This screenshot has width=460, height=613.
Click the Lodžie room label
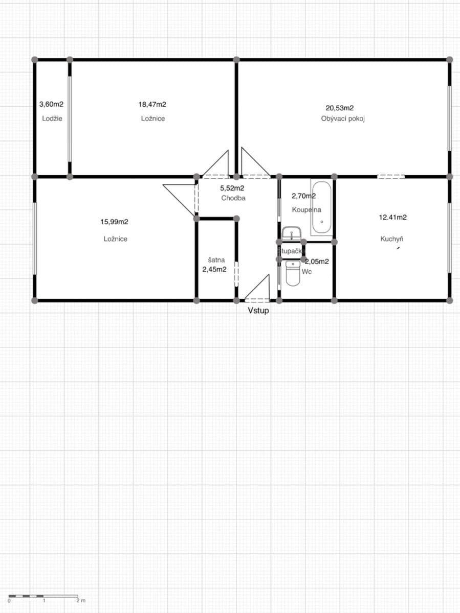[x=52, y=119]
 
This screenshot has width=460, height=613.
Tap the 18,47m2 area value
[x=152, y=104]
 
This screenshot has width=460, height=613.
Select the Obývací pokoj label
[x=342, y=119]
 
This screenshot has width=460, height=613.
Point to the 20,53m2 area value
[x=340, y=108]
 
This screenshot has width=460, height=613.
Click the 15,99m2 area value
[x=114, y=222]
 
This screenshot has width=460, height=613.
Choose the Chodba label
[x=233, y=198]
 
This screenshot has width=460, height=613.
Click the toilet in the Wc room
[x=293, y=273]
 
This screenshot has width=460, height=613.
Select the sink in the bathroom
[x=291, y=233]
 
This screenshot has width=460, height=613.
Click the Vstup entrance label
[x=258, y=310]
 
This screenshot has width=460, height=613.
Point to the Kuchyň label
[x=392, y=239]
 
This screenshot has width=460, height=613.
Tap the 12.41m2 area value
[x=392, y=217]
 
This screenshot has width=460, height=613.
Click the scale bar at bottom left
[x=43, y=596]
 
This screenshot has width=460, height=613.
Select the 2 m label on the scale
[x=81, y=601]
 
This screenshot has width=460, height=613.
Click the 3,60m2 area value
[x=51, y=104]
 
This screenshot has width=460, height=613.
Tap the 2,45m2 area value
[x=214, y=269]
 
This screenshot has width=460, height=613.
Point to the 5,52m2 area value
[x=232, y=188]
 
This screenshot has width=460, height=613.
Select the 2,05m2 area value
[x=317, y=261]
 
